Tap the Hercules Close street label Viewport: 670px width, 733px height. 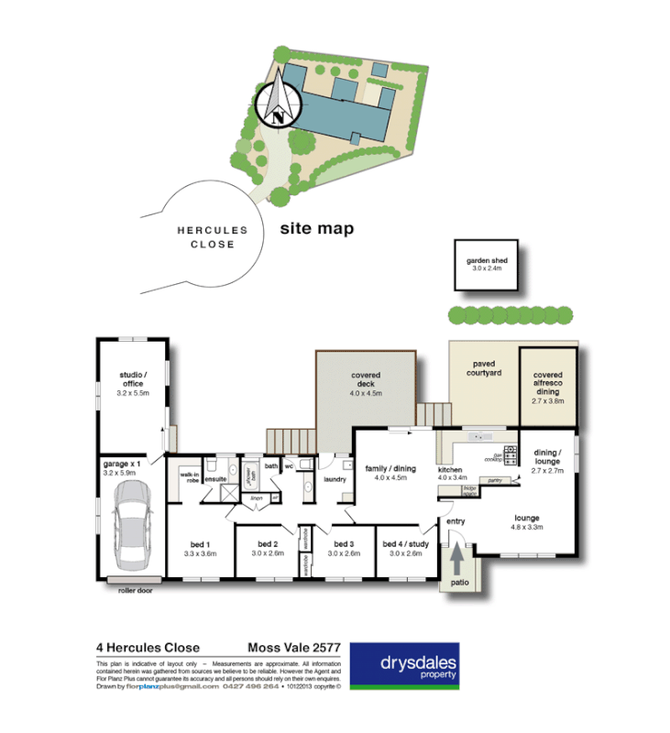pos(206,238)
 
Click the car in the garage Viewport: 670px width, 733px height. pos(130,523)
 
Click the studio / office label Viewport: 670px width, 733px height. pos(133,380)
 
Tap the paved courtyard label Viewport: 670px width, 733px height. pos(484,369)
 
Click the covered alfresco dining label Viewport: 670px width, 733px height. pos(548,382)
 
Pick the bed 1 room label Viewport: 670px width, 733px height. pos(199,548)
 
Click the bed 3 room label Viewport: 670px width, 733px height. pos(345,548)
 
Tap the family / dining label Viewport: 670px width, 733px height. pos(390,473)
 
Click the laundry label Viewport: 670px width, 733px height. pos(334,478)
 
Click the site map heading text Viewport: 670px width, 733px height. pos(316,229)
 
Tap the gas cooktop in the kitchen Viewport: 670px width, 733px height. pos(511,452)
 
